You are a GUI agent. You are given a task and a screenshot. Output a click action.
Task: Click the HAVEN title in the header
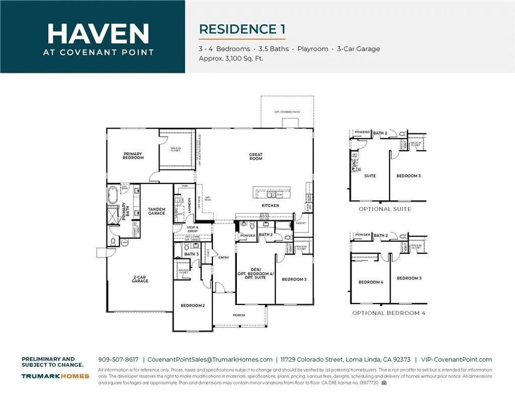pyautogui.click(x=98, y=33)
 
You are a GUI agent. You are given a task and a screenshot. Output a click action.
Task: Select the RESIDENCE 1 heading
pyautogui.click(x=242, y=29)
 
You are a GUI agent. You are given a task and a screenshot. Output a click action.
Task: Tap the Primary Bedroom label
pyautogui.click(x=133, y=156)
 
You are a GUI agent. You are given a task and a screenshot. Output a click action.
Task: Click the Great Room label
pyautogui.click(x=255, y=157)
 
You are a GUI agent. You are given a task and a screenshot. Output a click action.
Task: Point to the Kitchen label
pyautogui.click(x=270, y=206)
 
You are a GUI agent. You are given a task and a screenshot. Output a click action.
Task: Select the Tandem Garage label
pyautogui.click(x=156, y=211)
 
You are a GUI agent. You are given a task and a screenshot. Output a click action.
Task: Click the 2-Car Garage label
pyautogui.click(x=140, y=279)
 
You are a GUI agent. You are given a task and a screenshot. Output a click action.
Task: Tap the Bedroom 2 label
pyautogui.click(x=193, y=305)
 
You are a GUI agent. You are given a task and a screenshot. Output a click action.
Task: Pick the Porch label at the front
pyautogui.click(x=239, y=315)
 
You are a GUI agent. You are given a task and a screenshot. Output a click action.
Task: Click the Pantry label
pyautogui.click(x=301, y=222)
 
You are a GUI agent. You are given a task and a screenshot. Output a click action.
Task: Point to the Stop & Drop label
pyautogui.click(x=192, y=229)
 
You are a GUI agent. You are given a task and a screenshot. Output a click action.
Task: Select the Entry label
pyautogui.click(x=223, y=257)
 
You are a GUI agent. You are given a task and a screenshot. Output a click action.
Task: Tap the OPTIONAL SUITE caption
pyautogui.click(x=385, y=209)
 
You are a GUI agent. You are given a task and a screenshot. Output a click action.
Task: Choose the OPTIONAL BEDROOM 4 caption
pyautogui.click(x=389, y=313)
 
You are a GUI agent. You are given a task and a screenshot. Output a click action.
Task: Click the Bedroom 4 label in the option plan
pyautogui.click(x=371, y=282)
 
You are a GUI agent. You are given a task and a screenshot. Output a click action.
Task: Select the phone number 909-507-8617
pyautogui.click(x=118, y=359)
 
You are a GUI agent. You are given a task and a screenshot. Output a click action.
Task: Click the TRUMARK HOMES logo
pyautogui.click(x=55, y=376)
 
